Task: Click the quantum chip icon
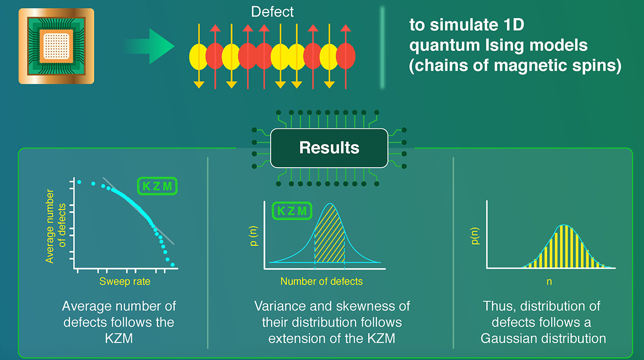56,46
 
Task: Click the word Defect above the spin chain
272,12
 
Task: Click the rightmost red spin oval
346,56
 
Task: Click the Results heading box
329,148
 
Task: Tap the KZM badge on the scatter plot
157,186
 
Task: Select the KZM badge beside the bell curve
292,211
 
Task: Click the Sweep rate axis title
125,281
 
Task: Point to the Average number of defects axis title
55,226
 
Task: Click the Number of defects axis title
321,281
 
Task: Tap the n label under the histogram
549,282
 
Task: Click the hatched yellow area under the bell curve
330,237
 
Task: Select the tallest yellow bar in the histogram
565,246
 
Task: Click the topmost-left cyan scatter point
78,181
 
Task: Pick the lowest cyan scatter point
173,264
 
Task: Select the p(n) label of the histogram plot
475,235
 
